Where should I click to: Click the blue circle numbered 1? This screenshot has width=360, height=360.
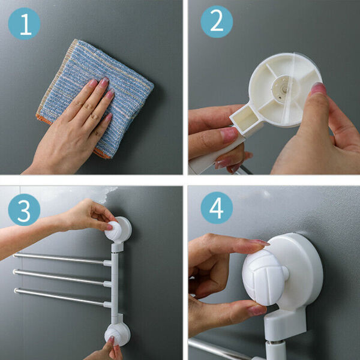click(x=24, y=23)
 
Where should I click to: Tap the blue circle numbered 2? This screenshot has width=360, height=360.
click(x=217, y=22)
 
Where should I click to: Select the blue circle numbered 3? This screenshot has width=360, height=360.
click(x=24, y=209)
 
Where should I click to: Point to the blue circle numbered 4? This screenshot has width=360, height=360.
click(x=217, y=208)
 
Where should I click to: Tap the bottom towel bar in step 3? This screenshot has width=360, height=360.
click(x=62, y=298)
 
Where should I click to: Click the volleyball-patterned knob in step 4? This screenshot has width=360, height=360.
click(x=263, y=277)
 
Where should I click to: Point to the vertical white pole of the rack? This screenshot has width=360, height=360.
click(x=115, y=284)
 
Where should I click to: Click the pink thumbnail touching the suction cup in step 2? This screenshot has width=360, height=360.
click(x=319, y=89)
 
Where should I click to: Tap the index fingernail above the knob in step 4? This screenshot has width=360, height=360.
click(x=259, y=242)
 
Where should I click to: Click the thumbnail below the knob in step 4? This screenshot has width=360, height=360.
click(x=257, y=310)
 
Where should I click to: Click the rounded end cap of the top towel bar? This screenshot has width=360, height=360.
click(x=15, y=255)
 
